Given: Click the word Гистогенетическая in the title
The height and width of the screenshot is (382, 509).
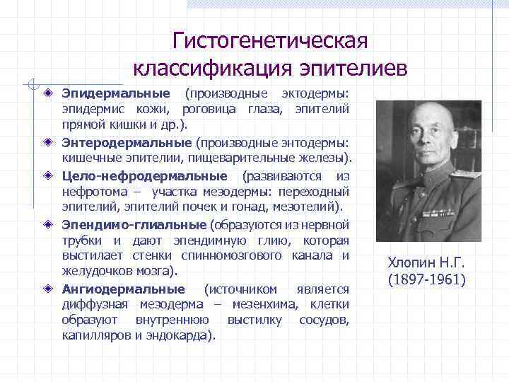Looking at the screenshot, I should click(271, 40).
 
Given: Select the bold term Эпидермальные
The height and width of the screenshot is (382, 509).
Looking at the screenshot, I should click(116, 93).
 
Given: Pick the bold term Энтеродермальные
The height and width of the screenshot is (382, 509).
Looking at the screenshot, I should click(127, 142).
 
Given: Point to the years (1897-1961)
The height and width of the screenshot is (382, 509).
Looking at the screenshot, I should click(426, 279).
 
